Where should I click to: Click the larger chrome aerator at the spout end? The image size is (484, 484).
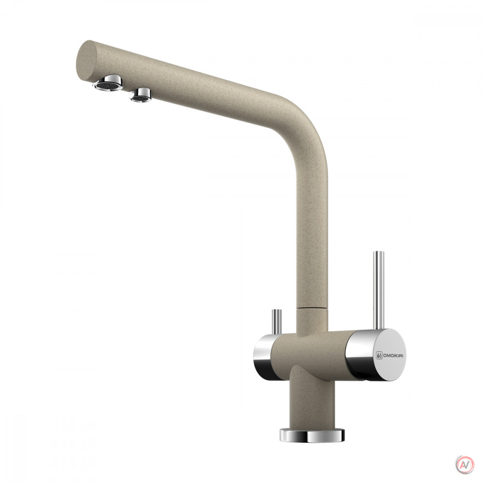108,83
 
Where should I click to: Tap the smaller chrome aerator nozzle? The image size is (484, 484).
141,95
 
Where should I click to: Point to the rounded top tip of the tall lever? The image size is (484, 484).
379,252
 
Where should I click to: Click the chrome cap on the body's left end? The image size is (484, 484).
263,358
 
